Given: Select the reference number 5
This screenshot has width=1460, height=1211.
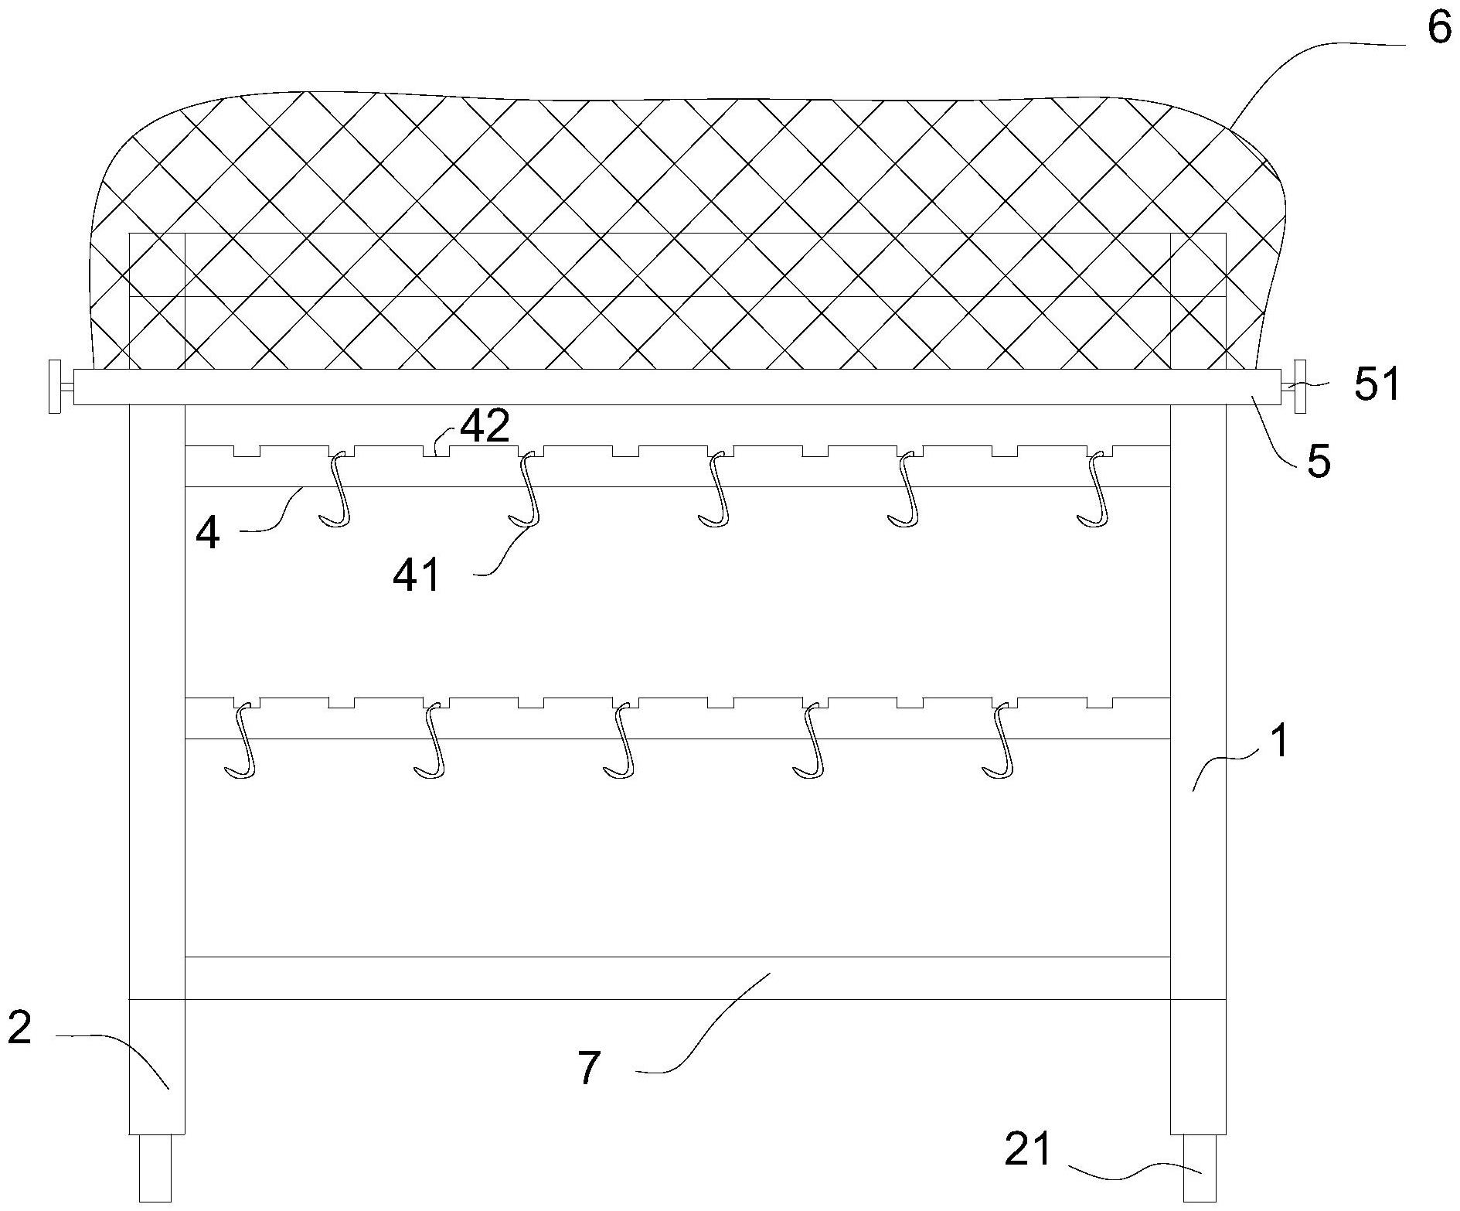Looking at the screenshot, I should click(x=1319, y=461).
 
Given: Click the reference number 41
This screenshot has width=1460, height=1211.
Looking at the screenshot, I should click(x=417, y=576).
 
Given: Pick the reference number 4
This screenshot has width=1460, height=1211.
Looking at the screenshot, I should click(x=208, y=533).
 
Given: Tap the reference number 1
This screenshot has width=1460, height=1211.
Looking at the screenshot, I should click(x=1281, y=740).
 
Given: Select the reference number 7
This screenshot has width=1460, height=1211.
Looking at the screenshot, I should click(x=590, y=1068).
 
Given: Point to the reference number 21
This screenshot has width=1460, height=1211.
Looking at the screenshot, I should click(x=1029, y=1148).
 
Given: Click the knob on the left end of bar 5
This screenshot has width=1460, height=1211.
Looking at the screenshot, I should click(x=55, y=386).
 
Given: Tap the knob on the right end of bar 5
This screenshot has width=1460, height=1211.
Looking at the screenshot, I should click(x=1299, y=386).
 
